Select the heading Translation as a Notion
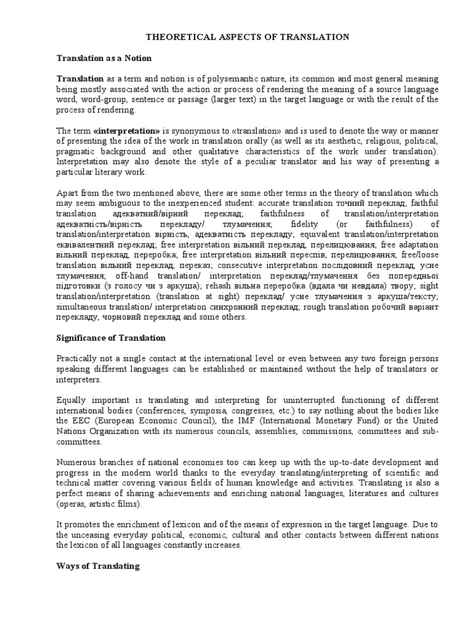pyautogui.click(x=104, y=58)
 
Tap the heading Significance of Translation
pyautogui.click(x=111, y=338)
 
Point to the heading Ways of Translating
pyautogui.click(x=98, y=566)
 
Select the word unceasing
pyautogui.click(x=91, y=535)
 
